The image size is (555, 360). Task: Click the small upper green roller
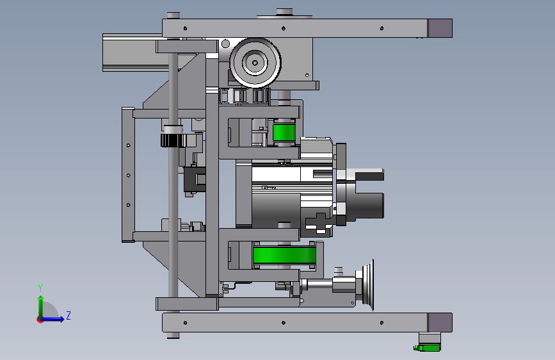pyautogui.click(x=284, y=133)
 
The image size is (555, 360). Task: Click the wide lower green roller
pyautogui.click(x=284, y=255)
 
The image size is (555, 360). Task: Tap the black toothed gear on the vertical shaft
pyautogui.click(x=173, y=140)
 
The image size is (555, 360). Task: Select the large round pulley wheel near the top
pyautogui.click(x=255, y=63)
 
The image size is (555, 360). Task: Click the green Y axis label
pyautogui.click(x=40, y=288)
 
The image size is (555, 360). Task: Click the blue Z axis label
pyautogui.click(x=68, y=315)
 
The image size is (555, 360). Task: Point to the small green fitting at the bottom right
pyautogui.click(x=427, y=348)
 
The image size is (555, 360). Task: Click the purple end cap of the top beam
pyautogui.click(x=440, y=28)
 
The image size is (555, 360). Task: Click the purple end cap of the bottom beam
pyautogui.click(x=440, y=322)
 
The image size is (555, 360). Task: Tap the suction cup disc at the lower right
pyautogui.click(x=368, y=284)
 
